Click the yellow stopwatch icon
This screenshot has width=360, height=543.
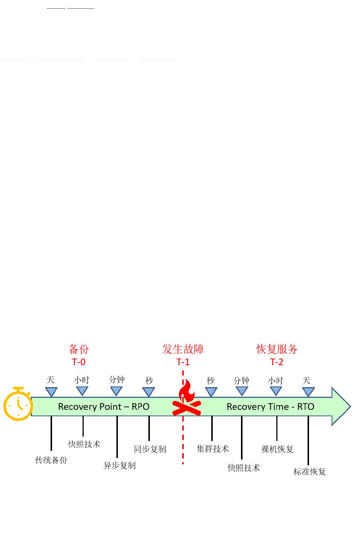tap(18, 405)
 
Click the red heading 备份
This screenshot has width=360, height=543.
tap(79, 349)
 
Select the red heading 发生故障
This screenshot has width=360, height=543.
tap(183, 349)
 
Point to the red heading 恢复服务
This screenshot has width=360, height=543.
tap(277, 349)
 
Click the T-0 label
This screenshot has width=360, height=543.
tap(79, 362)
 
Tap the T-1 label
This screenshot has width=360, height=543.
tap(183, 362)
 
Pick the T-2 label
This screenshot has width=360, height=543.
tap(277, 362)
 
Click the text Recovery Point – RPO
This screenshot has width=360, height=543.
tap(104, 407)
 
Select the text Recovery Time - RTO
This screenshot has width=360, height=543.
tap(270, 407)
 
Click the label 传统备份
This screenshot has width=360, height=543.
tap(51, 460)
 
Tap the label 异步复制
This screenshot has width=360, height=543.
tap(119, 465)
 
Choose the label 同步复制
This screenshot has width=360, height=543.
tap(150, 449)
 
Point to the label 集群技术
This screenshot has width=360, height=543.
tap(213, 449)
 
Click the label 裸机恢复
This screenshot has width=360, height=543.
tap(277, 449)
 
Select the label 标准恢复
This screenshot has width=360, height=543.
tap(310, 472)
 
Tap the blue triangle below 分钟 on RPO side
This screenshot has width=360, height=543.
tap(116, 391)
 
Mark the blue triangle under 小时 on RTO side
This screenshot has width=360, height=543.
tap(276, 391)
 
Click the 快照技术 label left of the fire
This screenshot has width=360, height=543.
tap(84, 444)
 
